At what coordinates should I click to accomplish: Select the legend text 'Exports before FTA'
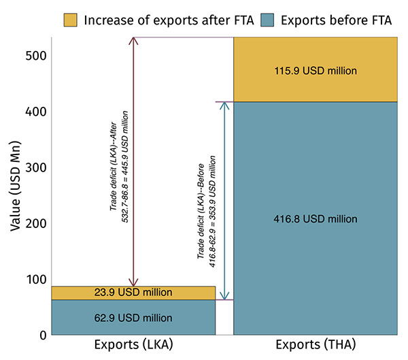[337, 19]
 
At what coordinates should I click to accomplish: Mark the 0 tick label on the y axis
[41, 335]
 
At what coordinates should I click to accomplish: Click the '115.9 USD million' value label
[316, 70]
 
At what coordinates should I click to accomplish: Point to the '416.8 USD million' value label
[316, 218]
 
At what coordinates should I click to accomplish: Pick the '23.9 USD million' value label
[133, 293]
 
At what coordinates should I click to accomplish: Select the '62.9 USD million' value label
[133, 318]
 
